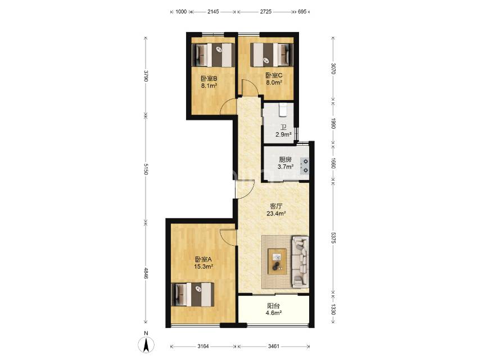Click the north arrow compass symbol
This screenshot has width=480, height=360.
click(x=146, y=344)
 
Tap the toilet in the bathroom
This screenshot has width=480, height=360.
click(x=283, y=110)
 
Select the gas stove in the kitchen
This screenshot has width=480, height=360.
click(x=305, y=166)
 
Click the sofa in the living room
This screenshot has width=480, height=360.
click(x=300, y=262)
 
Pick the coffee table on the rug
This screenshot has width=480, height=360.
click(x=277, y=262)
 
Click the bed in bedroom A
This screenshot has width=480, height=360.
click(x=193, y=294)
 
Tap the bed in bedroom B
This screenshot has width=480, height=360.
click(x=214, y=55)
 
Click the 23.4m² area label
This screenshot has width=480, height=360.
click(x=276, y=214)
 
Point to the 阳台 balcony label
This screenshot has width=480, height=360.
click(x=273, y=306)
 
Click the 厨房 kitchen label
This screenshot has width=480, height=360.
click(x=285, y=159)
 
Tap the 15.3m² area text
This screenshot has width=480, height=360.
click(x=203, y=267)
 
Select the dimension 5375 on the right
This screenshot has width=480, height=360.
click(x=333, y=237)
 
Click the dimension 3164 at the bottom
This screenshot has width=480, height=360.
click(x=203, y=346)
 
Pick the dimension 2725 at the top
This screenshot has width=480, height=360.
click(x=265, y=12)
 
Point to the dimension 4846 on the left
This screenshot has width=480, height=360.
click(x=146, y=273)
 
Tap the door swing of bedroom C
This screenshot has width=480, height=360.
click(x=250, y=88)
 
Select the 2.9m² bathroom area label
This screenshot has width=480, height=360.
click(x=283, y=134)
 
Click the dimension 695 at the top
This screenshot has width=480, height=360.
click(x=302, y=12)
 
